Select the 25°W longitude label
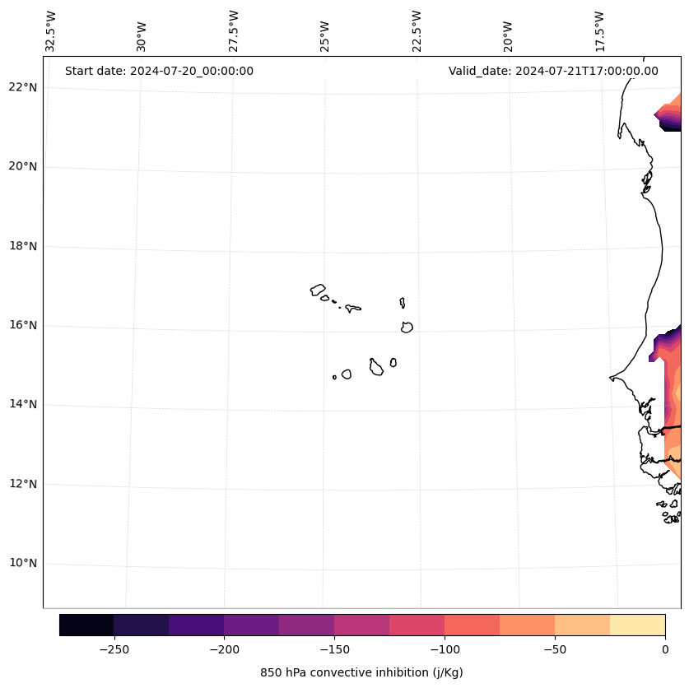point(325,31)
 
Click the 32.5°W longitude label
point(51,31)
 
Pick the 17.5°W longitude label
point(599,31)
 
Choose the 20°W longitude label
point(508,31)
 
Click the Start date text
point(159,71)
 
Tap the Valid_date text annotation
point(553,71)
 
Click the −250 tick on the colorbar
point(114,649)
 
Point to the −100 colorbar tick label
point(445,649)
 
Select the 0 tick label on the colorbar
point(665,649)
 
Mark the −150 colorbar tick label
point(334,649)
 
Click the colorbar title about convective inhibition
point(361,672)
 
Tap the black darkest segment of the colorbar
point(86,625)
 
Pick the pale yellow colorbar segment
point(637,625)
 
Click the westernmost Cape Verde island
point(318,290)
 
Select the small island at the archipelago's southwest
point(334,378)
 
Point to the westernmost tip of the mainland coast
point(611,378)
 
